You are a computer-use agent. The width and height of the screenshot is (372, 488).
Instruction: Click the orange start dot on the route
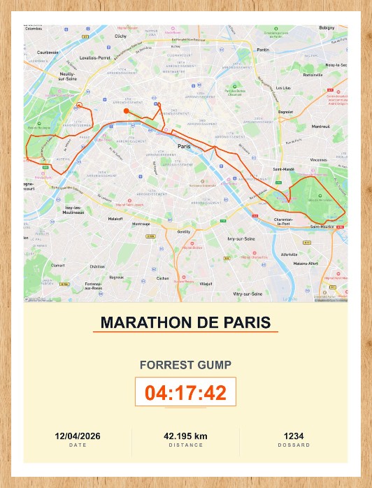click(126, 110)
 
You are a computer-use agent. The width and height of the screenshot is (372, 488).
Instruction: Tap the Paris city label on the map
click(185, 146)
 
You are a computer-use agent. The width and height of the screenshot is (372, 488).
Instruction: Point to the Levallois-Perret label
click(95, 57)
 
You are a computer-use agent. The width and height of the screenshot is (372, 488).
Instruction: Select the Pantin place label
click(263, 50)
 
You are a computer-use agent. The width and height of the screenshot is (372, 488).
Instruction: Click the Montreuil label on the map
click(321, 127)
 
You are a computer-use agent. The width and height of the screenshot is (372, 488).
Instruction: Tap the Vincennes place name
click(319, 160)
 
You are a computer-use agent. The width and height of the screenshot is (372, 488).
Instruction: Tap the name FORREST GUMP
click(185, 365)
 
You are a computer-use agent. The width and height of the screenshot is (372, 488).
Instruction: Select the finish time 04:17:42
click(185, 392)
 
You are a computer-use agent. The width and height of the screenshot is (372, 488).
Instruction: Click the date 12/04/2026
click(78, 436)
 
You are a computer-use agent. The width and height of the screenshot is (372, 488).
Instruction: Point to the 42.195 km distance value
click(185, 436)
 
